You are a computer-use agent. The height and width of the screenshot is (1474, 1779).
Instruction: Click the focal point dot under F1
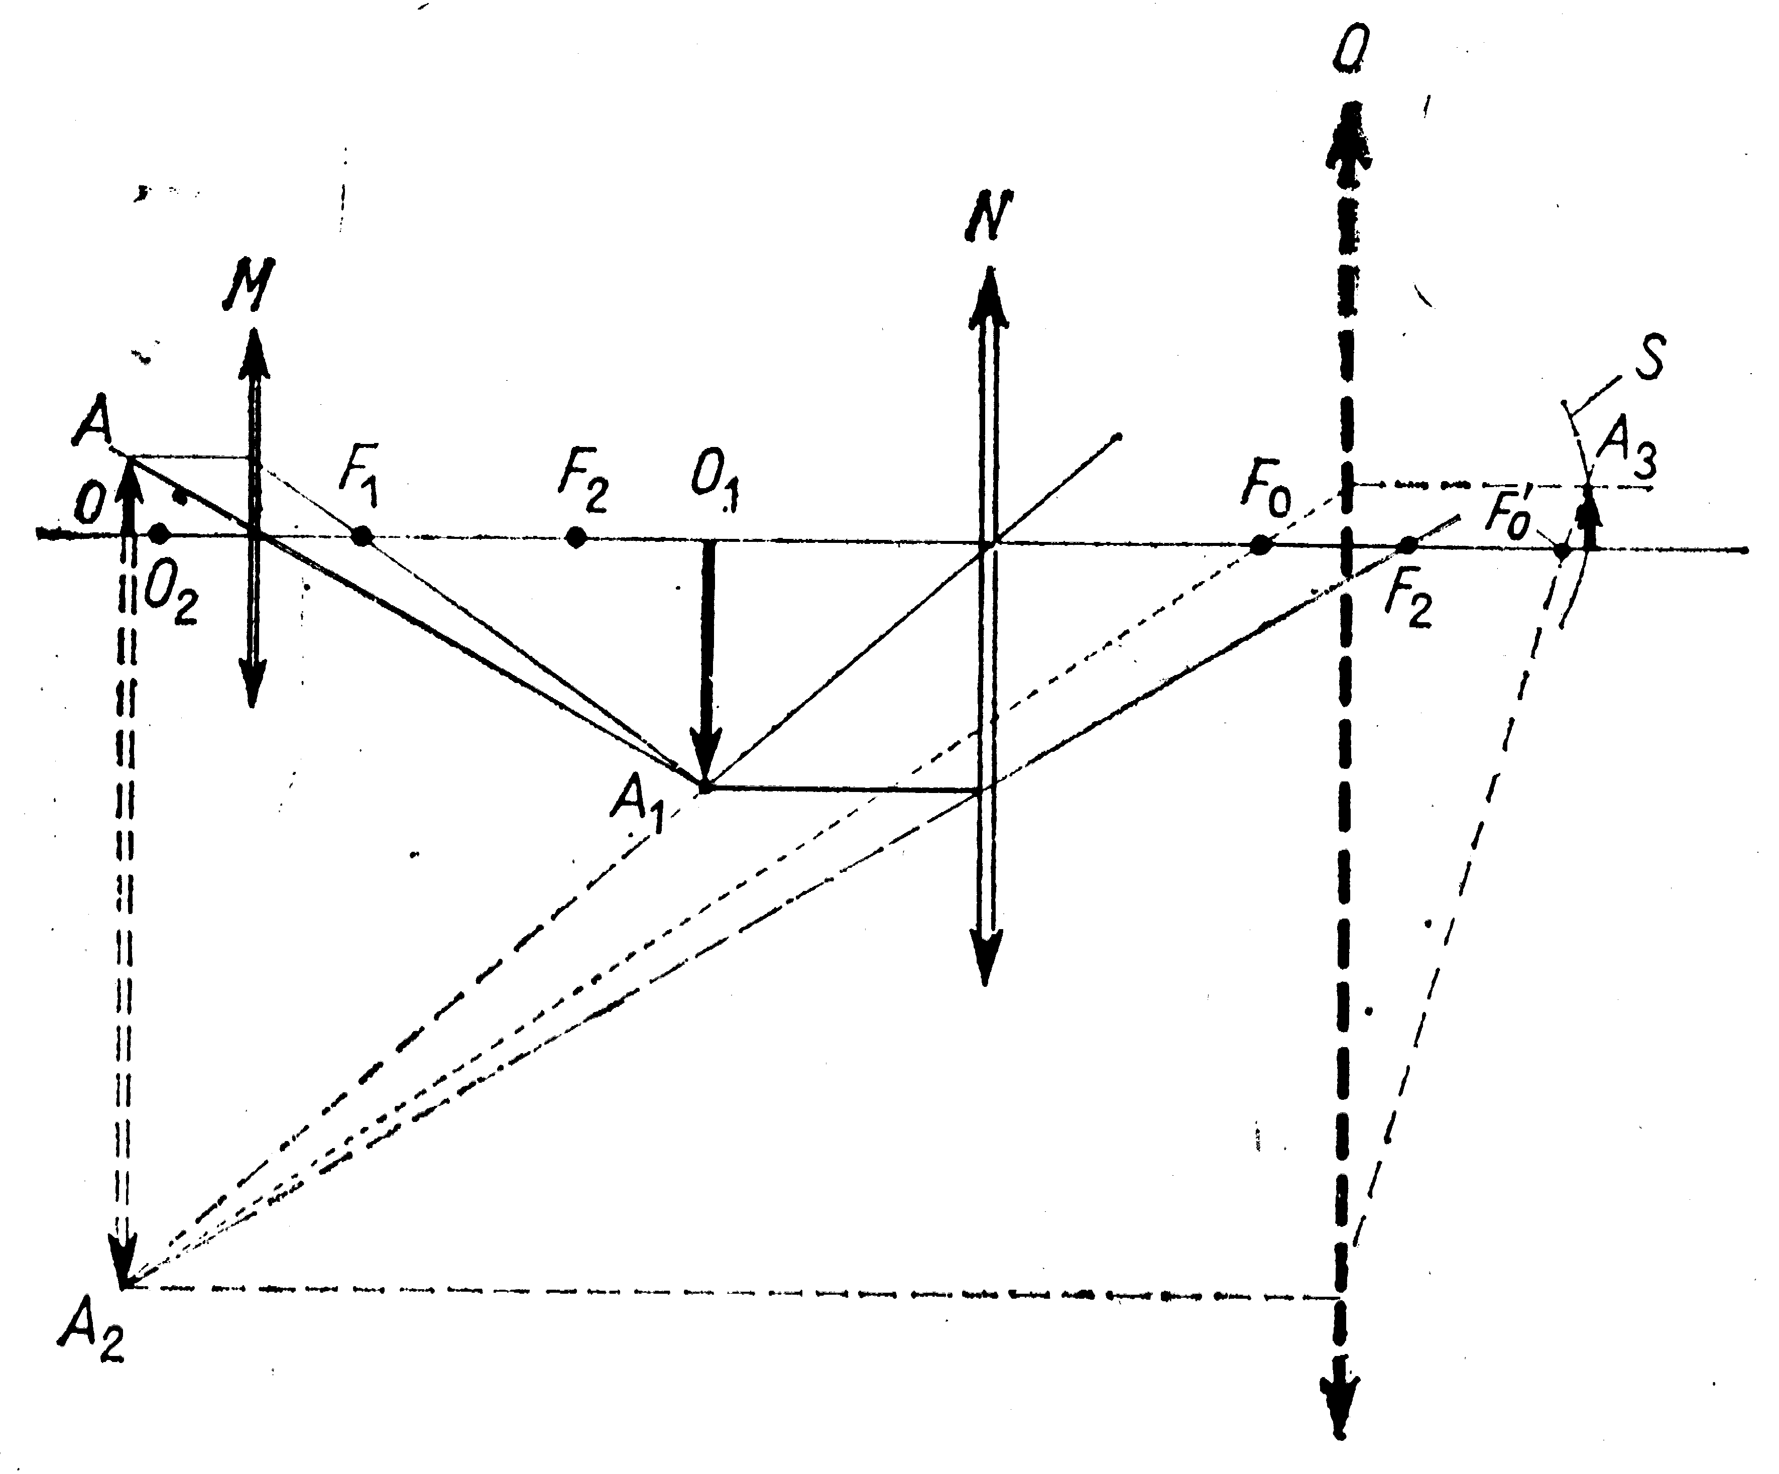click(x=362, y=536)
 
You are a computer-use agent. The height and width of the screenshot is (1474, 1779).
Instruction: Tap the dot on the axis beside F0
click(x=1261, y=545)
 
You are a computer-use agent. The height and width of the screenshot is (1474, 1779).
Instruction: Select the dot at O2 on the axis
click(x=158, y=534)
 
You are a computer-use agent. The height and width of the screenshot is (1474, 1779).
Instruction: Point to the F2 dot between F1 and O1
click(x=576, y=537)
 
